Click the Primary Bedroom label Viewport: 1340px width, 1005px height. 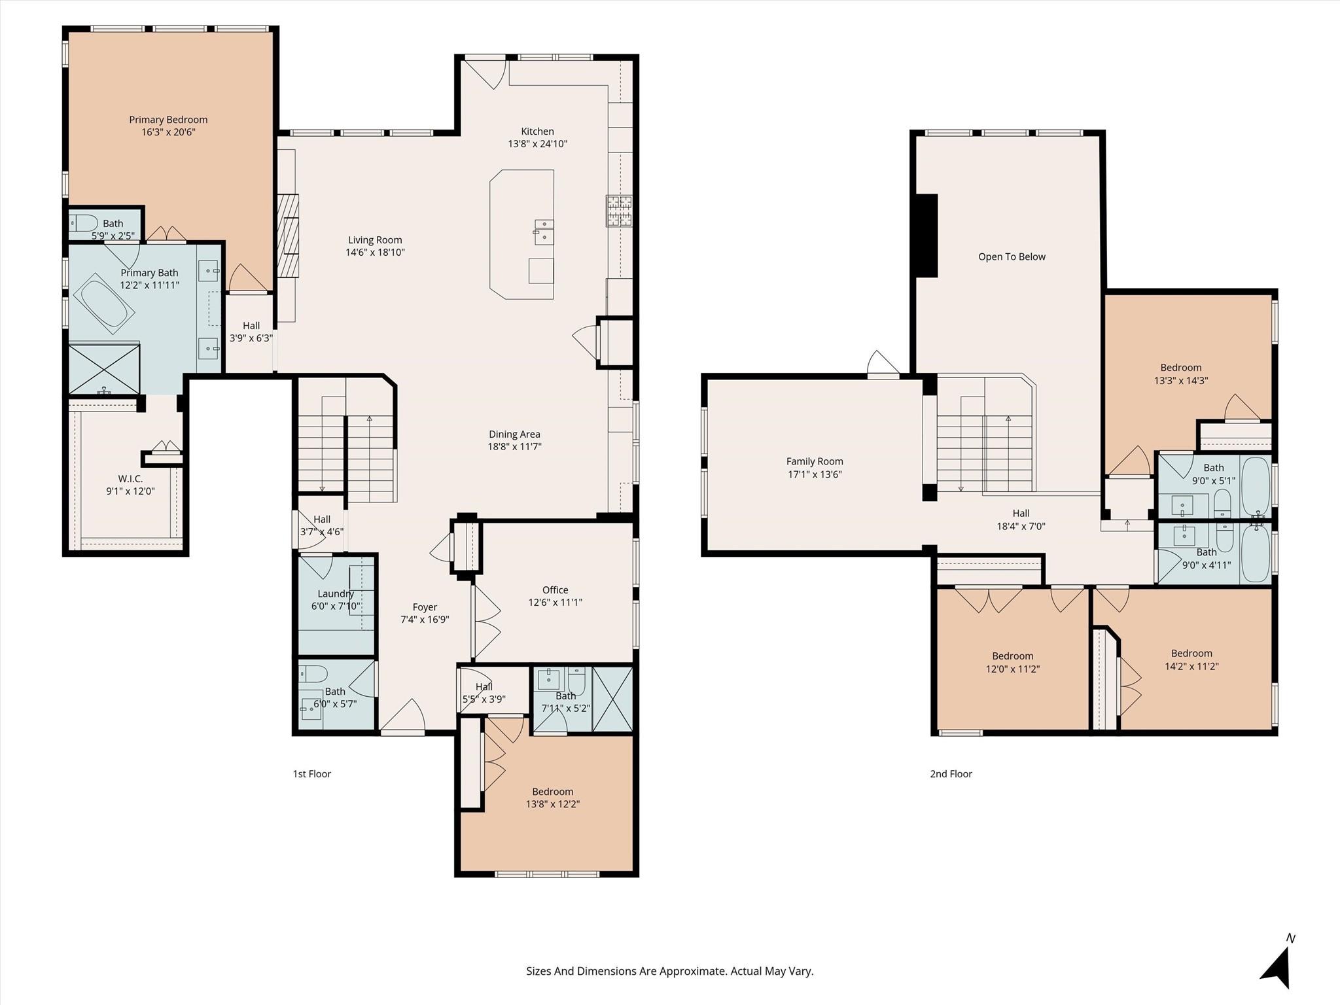tap(168, 120)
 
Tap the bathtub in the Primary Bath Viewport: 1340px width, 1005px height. tap(104, 304)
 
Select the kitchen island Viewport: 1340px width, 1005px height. tap(521, 234)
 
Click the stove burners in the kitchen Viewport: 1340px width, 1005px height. tap(619, 211)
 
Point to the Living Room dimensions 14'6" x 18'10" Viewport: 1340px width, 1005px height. tap(375, 253)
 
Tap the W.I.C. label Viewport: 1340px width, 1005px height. tap(130, 479)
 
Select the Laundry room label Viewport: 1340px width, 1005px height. tap(336, 594)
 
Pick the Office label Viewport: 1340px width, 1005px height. tap(555, 590)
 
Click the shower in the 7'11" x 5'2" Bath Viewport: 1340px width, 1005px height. tap(612, 699)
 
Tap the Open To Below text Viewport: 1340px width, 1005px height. tap(1012, 257)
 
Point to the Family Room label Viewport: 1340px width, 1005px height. tap(815, 462)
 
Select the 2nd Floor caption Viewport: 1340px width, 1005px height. tap(951, 774)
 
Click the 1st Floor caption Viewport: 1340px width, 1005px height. tap(311, 774)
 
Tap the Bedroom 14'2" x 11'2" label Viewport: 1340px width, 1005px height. tap(1191, 654)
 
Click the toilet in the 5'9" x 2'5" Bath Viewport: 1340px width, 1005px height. tap(84, 223)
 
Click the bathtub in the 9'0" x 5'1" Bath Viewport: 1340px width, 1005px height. tap(1255, 486)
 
